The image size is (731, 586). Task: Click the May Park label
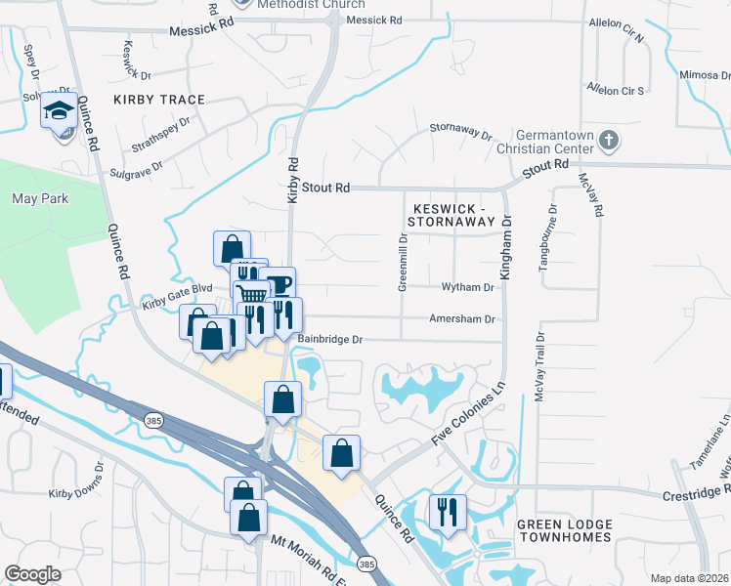38,198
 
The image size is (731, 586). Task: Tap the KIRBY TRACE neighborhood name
159,100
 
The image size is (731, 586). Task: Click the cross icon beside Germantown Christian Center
608,139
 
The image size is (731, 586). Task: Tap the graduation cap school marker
60,110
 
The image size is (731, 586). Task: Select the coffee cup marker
279,283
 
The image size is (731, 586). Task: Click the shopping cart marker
252,293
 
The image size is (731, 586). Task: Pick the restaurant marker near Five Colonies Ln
448,511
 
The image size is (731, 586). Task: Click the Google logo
32,574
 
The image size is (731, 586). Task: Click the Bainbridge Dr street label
330,339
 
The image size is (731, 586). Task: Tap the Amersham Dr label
462,318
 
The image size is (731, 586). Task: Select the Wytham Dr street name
467,288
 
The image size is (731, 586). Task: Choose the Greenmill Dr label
402,262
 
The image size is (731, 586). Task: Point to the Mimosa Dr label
704,74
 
